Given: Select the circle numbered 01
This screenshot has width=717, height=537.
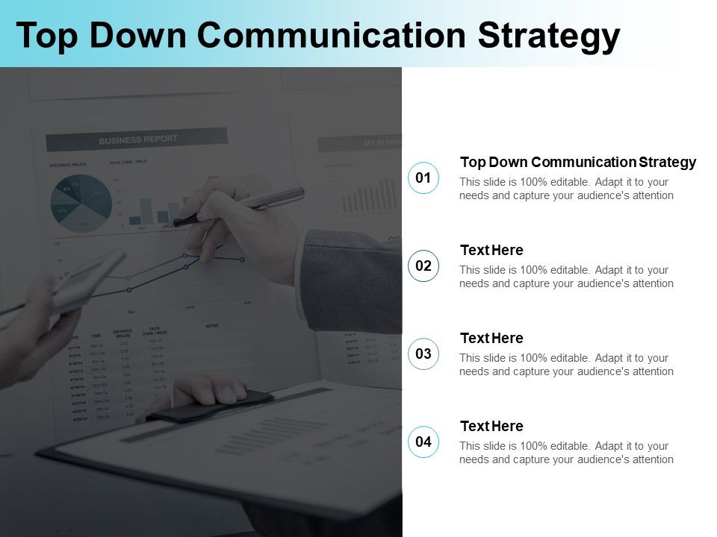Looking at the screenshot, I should (x=423, y=178).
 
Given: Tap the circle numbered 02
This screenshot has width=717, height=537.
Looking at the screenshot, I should (x=423, y=266).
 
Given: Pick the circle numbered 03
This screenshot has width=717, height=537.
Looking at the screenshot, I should (x=423, y=354).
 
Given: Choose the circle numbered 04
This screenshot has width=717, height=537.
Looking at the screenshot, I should (x=423, y=442).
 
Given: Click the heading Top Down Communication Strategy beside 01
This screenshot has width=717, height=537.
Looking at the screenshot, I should (x=577, y=162).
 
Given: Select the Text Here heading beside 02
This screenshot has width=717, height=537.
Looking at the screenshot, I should (x=491, y=250).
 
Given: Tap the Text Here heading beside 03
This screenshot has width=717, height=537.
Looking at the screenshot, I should (x=491, y=338).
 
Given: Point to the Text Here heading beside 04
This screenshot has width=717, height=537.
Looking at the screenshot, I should (x=491, y=426).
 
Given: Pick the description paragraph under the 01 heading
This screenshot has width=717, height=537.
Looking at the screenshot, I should (x=566, y=189).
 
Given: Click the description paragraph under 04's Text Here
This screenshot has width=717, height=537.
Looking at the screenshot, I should (x=566, y=453).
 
